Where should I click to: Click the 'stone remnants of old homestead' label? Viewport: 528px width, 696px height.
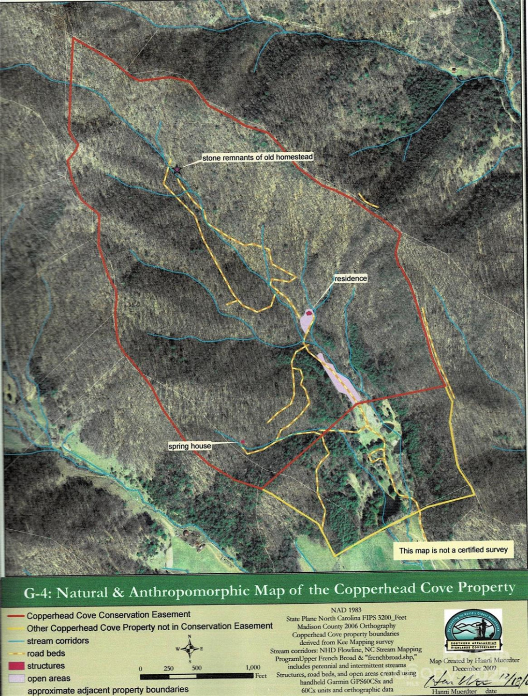click(257, 157)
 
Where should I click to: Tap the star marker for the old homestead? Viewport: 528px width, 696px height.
click(177, 169)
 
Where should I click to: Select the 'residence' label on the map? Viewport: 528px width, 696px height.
click(351, 278)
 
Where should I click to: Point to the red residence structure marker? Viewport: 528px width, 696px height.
click(309, 313)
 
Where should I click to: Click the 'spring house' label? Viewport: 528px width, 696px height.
click(190, 446)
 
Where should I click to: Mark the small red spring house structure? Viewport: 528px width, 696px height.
click(242, 442)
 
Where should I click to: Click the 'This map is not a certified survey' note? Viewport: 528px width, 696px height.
click(453, 550)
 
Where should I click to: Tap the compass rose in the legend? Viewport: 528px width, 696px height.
click(190, 649)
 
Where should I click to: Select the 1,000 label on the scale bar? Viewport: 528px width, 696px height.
click(252, 667)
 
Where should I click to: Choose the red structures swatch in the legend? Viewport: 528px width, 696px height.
click(16, 666)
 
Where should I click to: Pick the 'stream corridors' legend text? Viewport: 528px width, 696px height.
click(58, 641)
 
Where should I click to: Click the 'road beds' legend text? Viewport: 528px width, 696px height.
click(46, 653)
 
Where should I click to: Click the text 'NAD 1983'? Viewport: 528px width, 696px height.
click(346, 610)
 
